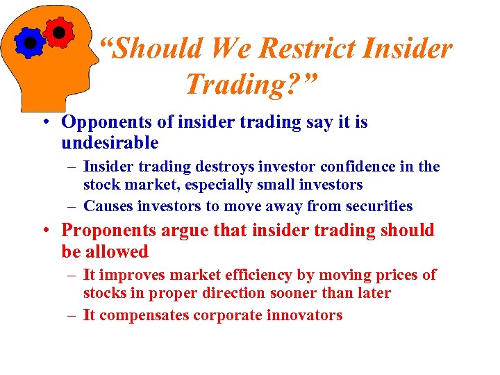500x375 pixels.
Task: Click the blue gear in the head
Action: point(30,43)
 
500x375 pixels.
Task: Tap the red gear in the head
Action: point(59,31)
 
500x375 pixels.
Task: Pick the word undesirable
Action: point(110,144)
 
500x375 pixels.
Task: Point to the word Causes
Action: point(108,206)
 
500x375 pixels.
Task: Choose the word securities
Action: point(381,206)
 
